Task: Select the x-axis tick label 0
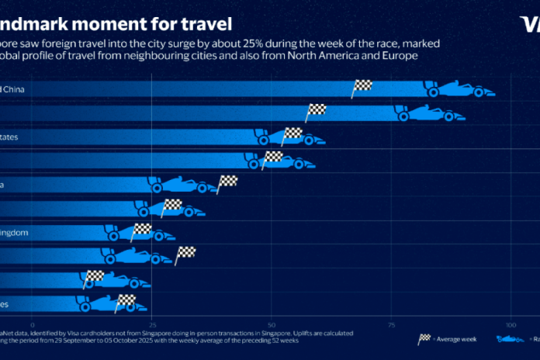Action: (x=33, y=324)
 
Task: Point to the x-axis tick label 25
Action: (x=153, y=324)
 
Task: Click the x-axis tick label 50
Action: (x=272, y=324)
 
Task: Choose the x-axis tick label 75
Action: (x=391, y=324)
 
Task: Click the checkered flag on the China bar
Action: (x=362, y=87)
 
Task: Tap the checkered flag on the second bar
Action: (x=316, y=111)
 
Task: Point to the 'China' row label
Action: (x=15, y=89)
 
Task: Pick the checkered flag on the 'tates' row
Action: (x=292, y=134)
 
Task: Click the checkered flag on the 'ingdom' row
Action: (x=142, y=230)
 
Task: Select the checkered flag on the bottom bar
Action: (x=126, y=301)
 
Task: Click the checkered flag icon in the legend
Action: (x=425, y=337)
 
